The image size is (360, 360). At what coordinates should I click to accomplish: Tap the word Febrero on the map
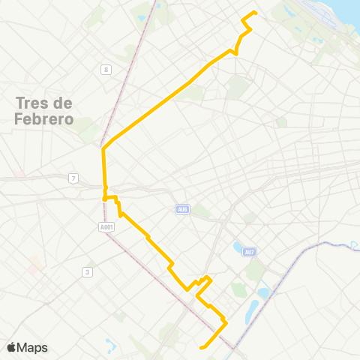pyautogui.click(x=43, y=119)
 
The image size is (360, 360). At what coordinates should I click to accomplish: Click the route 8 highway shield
pyautogui.click(x=106, y=70)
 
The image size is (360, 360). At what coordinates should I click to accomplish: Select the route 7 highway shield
pyautogui.click(x=73, y=178)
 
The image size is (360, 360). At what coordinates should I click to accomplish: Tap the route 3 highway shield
pyautogui.click(x=88, y=271)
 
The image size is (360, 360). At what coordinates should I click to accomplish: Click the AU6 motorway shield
pyautogui.click(x=182, y=209)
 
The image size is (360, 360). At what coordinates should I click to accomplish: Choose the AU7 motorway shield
pyautogui.click(x=249, y=251)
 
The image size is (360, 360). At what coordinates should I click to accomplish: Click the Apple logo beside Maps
pyautogui.click(x=11, y=347)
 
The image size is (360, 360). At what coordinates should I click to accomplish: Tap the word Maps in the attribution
pyautogui.click(x=32, y=347)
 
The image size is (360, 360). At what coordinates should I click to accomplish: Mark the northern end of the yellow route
pyautogui.click(x=256, y=12)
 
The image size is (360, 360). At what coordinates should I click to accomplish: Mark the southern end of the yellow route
pyautogui.click(x=200, y=347)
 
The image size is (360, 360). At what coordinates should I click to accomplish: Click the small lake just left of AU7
pyautogui.click(x=238, y=247)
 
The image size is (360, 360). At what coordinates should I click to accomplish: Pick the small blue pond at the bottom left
pyautogui.click(x=112, y=345)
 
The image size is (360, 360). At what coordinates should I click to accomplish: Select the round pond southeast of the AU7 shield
pyautogui.click(x=262, y=292)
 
